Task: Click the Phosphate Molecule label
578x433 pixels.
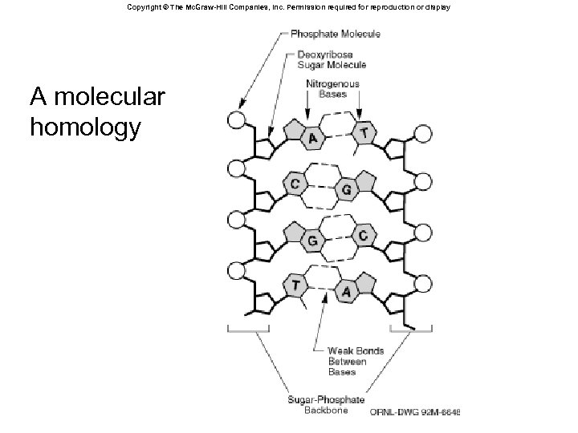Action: click(336, 34)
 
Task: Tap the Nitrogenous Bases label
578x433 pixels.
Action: click(333, 88)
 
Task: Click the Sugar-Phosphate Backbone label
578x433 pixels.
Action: click(327, 404)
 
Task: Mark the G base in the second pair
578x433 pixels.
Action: click(347, 189)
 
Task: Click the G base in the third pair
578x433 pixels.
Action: click(311, 240)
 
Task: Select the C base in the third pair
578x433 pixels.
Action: click(364, 236)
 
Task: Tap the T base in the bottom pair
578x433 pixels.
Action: click(296, 285)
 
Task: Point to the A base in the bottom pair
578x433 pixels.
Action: click(347, 292)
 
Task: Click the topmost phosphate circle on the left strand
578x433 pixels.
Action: click(236, 120)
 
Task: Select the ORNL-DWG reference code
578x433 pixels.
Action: click(414, 412)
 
